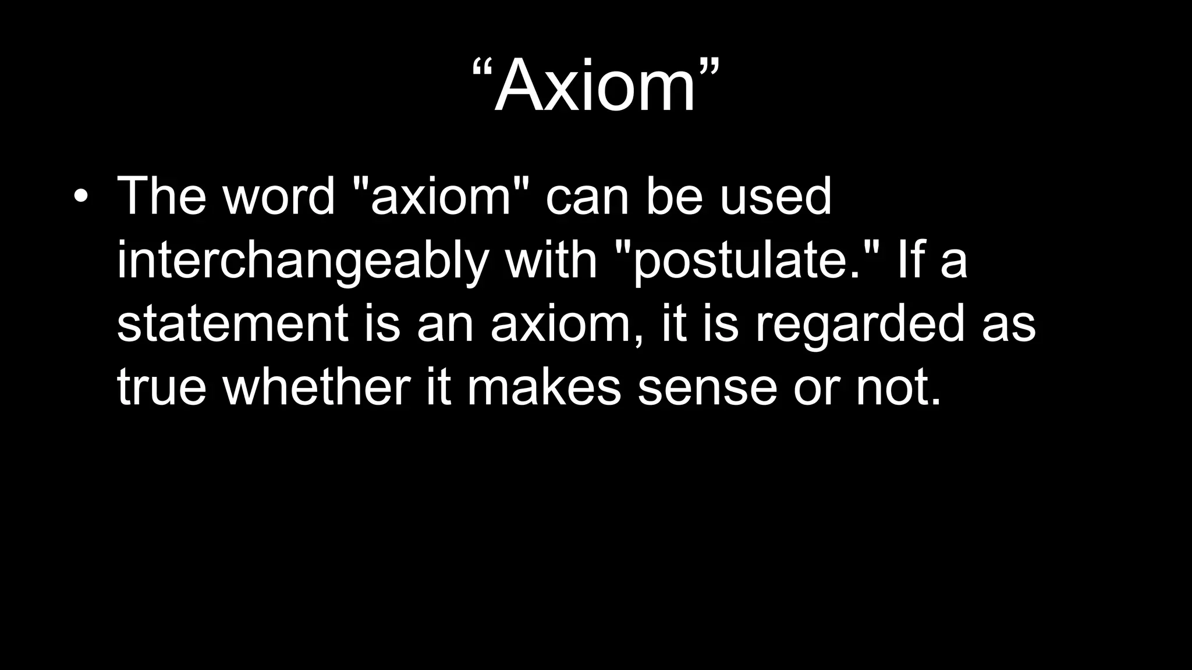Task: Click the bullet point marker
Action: point(81,197)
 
